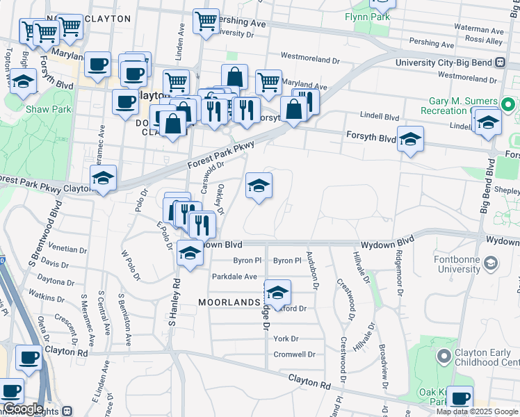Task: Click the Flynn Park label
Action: click(366, 15)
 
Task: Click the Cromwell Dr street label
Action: click(295, 354)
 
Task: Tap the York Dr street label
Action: click(286, 338)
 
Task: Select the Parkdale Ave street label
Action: click(234, 277)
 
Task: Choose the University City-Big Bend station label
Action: click(444, 63)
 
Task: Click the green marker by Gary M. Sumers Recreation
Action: click(508, 106)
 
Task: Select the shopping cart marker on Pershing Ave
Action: click(205, 22)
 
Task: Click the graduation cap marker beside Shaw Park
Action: click(24, 81)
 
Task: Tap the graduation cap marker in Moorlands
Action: click(277, 293)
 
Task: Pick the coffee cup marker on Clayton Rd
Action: click(29, 357)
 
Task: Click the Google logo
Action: click(23, 409)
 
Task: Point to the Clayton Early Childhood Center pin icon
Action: click(444, 357)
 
